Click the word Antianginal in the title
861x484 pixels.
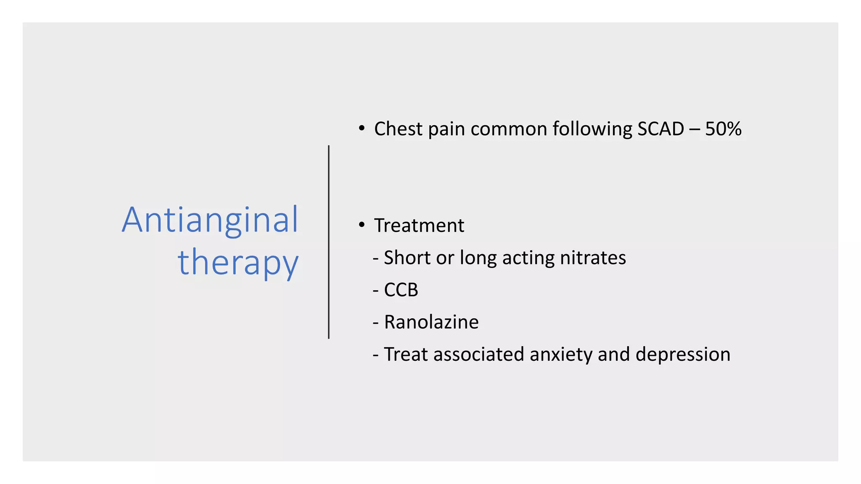[210, 220]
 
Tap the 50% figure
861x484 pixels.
[723, 129]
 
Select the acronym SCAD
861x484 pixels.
[660, 129]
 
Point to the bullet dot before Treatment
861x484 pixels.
[362, 225]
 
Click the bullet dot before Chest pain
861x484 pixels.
[362, 128]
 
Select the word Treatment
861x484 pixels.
[419, 226]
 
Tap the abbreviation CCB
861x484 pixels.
[401, 290]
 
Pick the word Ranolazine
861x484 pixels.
[431, 322]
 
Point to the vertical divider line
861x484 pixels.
[329, 242]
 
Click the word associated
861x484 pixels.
[479, 355]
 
